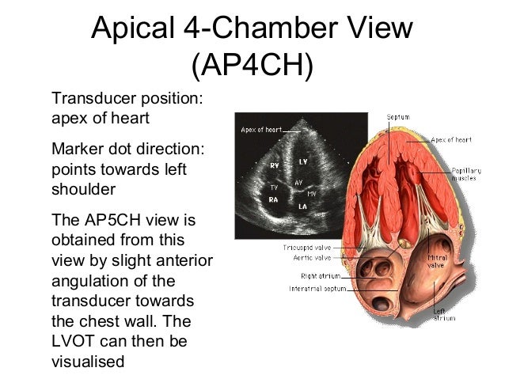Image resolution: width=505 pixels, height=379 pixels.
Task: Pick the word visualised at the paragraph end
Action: click(88, 362)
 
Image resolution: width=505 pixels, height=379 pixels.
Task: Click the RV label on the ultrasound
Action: click(274, 166)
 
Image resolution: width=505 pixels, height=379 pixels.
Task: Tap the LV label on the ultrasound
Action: click(303, 161)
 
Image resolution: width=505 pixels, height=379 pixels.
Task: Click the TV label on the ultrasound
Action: click(274, 188)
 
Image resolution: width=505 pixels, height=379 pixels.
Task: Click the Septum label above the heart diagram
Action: click(397, 117)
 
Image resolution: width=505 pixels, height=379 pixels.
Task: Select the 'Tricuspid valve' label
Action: click(302, 248)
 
